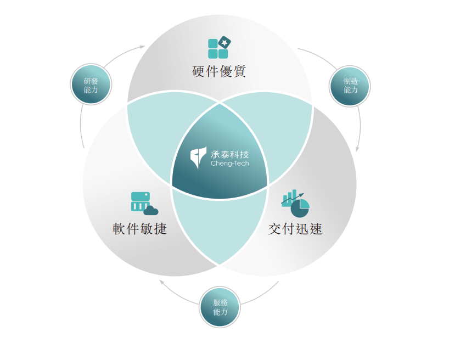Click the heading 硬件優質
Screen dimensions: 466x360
[219, 72]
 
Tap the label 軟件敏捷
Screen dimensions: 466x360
[139, 229]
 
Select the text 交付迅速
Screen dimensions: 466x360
[295, 229]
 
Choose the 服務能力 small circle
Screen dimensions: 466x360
[220, 307]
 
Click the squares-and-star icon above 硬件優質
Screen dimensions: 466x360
[218, 48]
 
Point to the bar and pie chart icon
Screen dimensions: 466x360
[295, 204]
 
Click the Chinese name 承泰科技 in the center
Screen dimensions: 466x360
[229, 154]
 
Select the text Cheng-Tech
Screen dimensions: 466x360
[229, 164]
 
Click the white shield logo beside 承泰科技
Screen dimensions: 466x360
[198, 157]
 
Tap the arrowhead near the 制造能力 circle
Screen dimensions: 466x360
[358, 149]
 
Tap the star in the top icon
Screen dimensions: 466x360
[224, 42]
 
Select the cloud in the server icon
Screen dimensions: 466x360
[151, 210]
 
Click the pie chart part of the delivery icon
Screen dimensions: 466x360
[300, 209]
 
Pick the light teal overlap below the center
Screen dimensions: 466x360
[219, 230]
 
